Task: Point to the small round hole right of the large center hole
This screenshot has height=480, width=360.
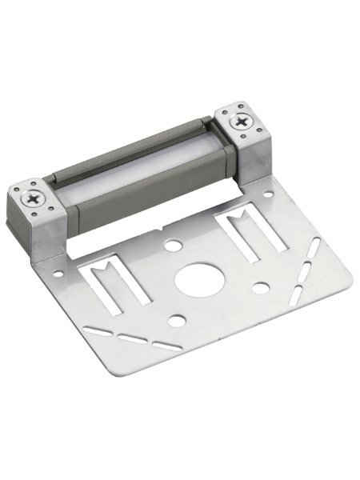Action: pos(261,286)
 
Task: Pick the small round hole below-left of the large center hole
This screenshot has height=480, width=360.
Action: pos(177,322)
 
